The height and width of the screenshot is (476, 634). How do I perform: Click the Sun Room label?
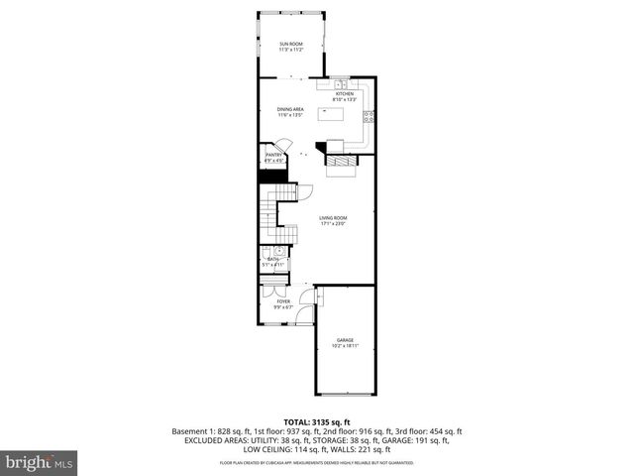(290, 45)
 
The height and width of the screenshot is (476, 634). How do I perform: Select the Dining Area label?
(290, 110)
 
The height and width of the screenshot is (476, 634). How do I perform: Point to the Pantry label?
(274, 155)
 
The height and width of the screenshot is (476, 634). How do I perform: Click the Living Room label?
(333, 218)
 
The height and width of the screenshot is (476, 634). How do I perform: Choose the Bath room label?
(271, 259)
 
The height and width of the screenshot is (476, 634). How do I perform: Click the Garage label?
(345, 340)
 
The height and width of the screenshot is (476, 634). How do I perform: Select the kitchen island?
(330, 114)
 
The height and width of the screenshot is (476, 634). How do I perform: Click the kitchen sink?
(339, 83)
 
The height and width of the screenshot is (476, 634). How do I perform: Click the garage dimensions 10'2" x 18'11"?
(345, 346)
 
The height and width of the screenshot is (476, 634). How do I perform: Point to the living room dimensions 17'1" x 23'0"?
(333, 224)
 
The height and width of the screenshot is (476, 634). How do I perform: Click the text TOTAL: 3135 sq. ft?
(317, 421)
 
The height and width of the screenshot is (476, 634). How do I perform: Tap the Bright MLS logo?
(40, 462)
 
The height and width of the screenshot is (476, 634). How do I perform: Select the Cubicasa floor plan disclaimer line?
(317, 463)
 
